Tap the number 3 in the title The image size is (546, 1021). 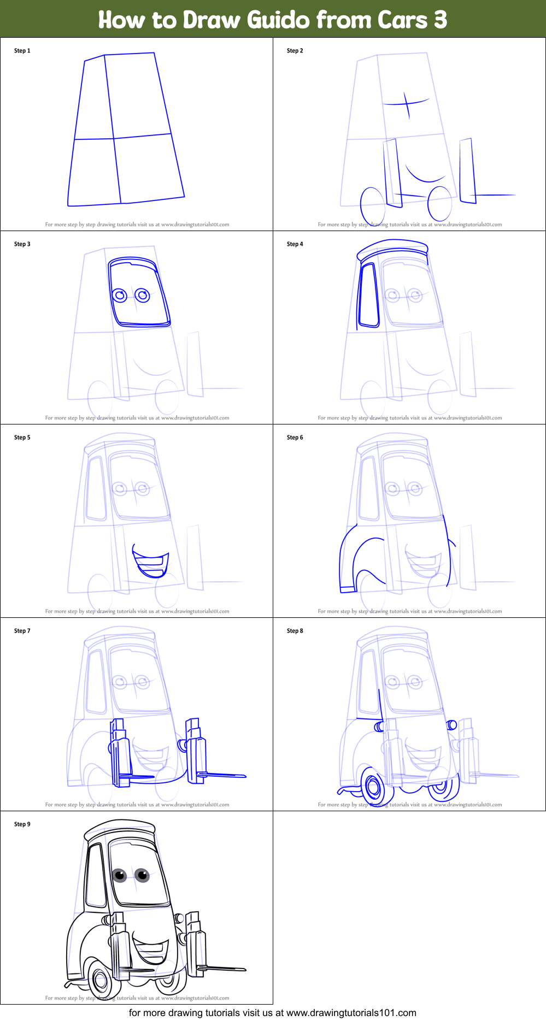click(x=441, y=20)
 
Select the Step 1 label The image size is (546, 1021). click(x=22, y=51)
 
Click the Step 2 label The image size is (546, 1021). click(x=295, y=51)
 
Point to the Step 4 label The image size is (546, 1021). click(x=295, y=244)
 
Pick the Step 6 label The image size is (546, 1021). click(x=295, y=438)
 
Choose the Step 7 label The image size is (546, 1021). click(x=22, y=631)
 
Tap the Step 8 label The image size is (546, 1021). click(x=295, y=631)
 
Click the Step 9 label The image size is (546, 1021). click(x=22, y=824)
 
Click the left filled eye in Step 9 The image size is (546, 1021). click(x=120, y=876)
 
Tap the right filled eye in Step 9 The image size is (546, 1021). click(x=142, y=876)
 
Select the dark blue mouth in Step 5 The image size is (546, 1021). click(x=151, y=564)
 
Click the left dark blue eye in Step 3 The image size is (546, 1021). click(x=120, y=296)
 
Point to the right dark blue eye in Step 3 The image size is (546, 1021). click(x=143, y=296)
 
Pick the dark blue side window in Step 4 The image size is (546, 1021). click(x=368, y=296)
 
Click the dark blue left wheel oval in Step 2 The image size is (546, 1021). click(x=373, y=205)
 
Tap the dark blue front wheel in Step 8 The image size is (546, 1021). click(x=374, y=787)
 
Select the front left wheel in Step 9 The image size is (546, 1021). click(x=101, y=980)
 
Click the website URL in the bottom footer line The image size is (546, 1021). click(x=351, y=1013)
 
